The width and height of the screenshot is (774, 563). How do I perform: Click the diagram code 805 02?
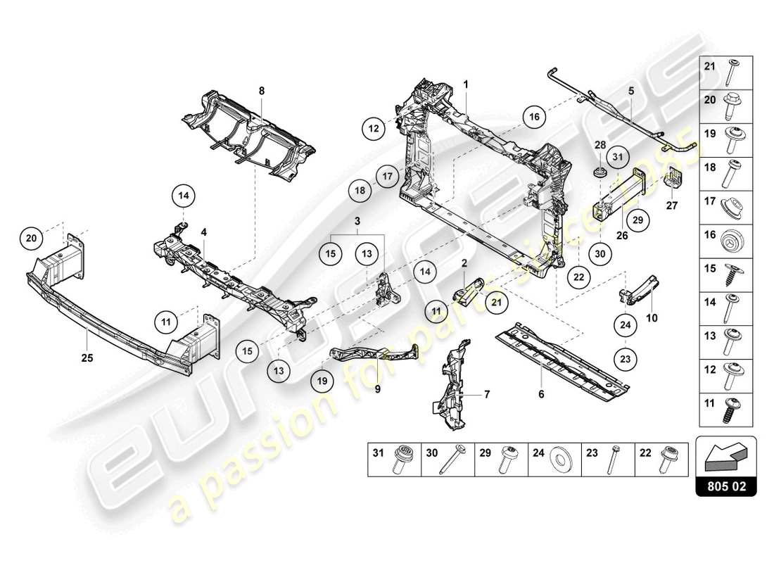pos(725,486)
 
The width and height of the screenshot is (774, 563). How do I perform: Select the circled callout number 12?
pos(374,128)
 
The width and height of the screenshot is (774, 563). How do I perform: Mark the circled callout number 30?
pos(599,255)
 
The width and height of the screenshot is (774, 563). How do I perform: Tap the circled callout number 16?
pos(535,117)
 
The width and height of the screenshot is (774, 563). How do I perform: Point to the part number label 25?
pos(87,358)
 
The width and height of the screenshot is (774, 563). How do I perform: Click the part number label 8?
pos(261,91)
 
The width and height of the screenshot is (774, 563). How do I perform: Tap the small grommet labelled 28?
pos(600,172)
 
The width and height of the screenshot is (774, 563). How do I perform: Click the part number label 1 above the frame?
pos(465,83)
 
